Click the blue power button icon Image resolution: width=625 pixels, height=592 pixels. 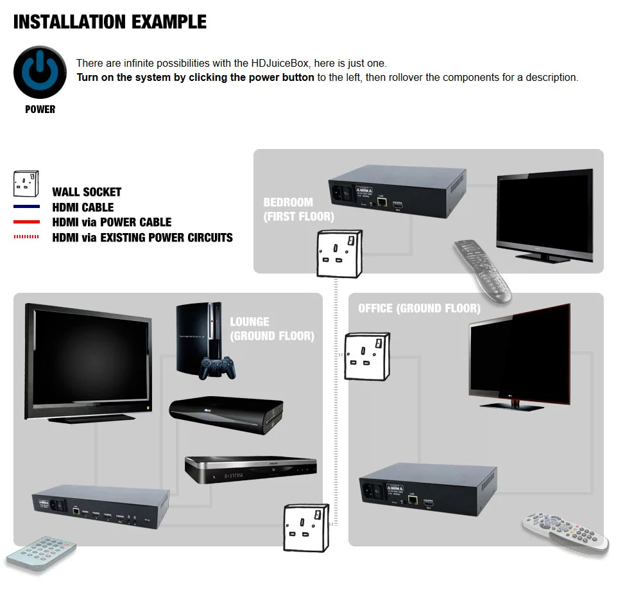coord(40,72)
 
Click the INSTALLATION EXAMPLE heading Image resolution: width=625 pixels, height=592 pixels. coord(110,22)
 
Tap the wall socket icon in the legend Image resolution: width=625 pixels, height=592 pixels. coord(26,184)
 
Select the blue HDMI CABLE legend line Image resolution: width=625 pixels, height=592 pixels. coord(26,207)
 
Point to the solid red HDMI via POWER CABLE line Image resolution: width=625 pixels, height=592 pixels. coord(26,222)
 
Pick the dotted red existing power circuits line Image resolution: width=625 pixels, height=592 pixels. coord(26,237)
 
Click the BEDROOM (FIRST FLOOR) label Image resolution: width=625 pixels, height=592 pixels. coord(298,209)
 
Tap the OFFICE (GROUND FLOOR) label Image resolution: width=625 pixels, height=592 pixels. coord(419,309)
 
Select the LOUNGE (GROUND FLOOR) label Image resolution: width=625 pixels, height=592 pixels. coord(271,329)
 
